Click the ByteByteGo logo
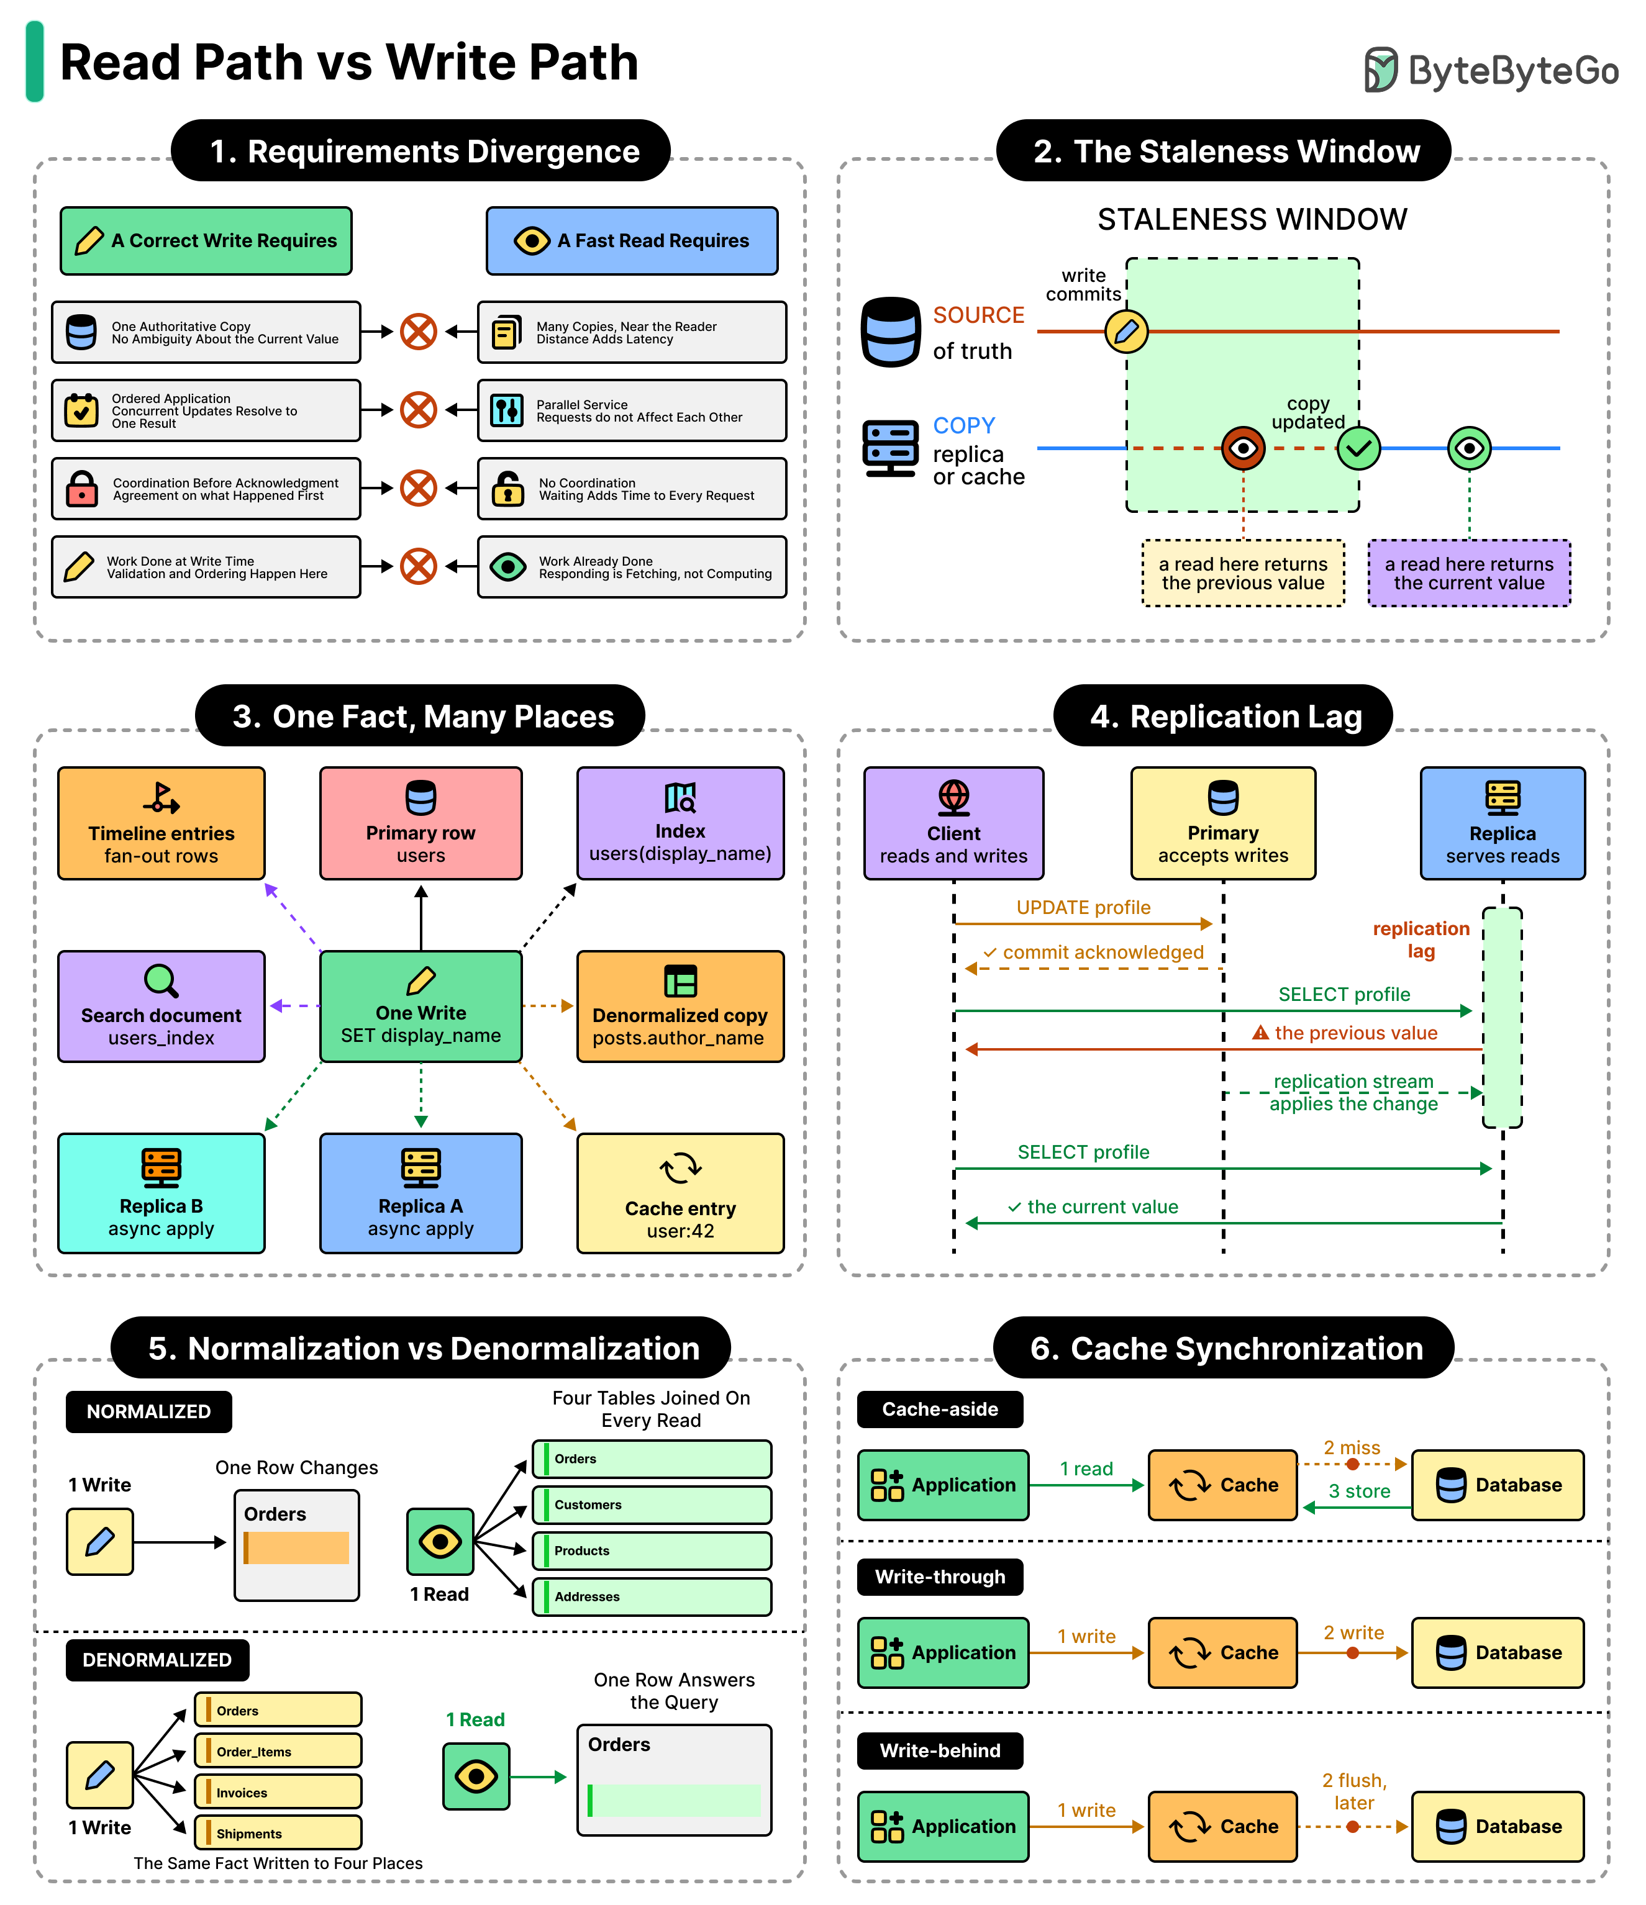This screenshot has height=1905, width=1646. [x=1491, y=70]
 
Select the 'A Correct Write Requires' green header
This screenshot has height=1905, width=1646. [x=206, y=241]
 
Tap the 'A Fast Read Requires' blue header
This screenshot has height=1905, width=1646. [x=632, y=241]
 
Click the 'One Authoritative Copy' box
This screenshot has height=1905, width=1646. [x=206, y=332]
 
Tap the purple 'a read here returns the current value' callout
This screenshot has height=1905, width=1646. [x=1468, y=572]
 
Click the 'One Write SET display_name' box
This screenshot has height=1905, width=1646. [x=421, y=1006]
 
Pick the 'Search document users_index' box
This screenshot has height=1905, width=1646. [x=161, y=1006]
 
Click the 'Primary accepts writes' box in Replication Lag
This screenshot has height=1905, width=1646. [x=1223, y=823]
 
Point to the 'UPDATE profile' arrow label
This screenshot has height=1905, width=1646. [x=1083, y=907]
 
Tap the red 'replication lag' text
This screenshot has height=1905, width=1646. [x=1421, y=939]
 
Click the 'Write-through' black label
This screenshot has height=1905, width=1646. [x=940, y=1577]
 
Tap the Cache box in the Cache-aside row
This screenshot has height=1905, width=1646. [x=1223, y=1485]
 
